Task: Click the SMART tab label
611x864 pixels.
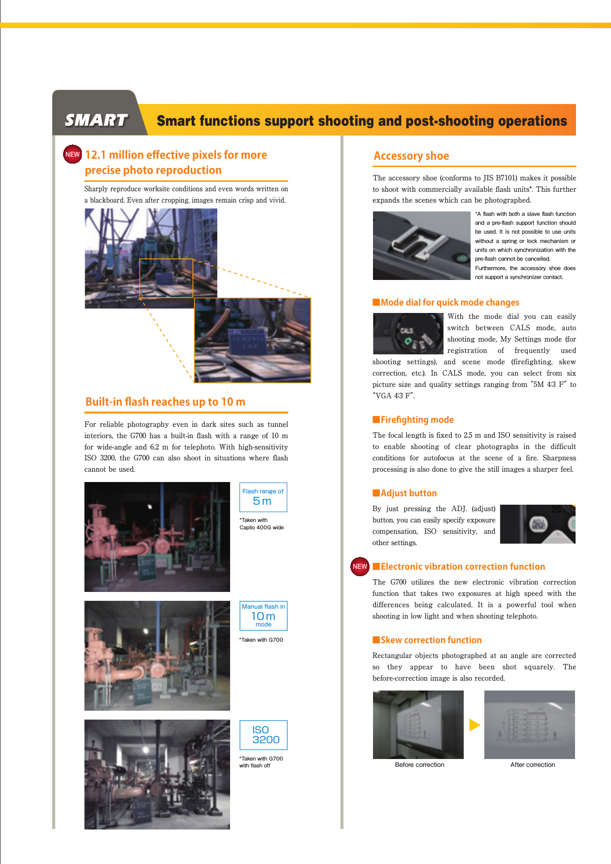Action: (x=96, y=120)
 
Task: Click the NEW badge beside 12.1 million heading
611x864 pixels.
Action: (x=72, y=154)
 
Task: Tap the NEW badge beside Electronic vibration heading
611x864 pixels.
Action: (x=360, y=566)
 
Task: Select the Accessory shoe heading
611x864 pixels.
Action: (x=411, y=156)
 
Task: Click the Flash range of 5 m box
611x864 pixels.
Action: (x=263, y=497)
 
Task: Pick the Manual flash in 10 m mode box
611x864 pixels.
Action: (x=263, y=616)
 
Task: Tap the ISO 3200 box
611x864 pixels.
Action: (x=263, y=735)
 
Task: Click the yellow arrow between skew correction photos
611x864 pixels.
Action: (x=474, y=725)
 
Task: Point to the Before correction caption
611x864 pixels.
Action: (x=419, y=765)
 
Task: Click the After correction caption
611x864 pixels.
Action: (x=532, y=765)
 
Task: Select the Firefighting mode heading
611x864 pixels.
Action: (x=417, y=420)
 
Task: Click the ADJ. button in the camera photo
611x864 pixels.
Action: (x=538, y=524)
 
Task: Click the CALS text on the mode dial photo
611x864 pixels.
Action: (x=407, y=330)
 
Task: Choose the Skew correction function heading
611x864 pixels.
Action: (x=431, y=640)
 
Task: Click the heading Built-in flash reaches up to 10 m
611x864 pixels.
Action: (x=165, y=402)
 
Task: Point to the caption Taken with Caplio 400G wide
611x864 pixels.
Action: (x=261, y=524)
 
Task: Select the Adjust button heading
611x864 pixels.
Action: (x=408, y=493)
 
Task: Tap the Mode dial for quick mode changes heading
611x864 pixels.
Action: (x=449, y=303)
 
